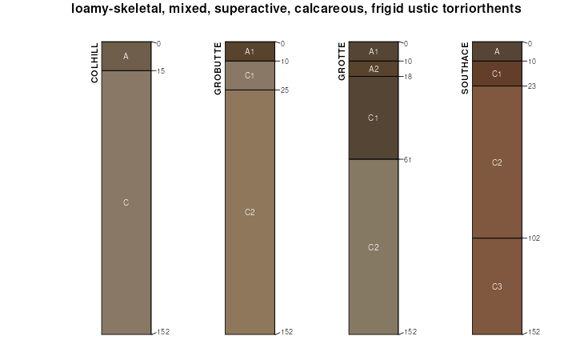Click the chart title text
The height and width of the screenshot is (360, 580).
296,9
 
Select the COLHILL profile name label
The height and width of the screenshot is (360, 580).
96,62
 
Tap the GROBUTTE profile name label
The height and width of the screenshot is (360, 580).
218,68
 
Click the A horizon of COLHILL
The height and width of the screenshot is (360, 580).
126,56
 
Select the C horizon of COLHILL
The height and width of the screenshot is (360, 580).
126,202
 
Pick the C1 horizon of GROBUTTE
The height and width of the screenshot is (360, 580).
250,76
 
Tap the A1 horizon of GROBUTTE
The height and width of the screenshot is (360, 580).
250,52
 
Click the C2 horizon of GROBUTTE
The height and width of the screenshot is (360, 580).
250,212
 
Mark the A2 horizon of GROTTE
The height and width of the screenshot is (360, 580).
374,69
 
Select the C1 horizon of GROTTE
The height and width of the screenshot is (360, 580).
374,118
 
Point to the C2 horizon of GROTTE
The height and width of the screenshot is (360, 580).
374,246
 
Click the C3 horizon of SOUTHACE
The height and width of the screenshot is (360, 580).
497,286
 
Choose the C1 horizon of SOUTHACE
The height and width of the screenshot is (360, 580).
497,74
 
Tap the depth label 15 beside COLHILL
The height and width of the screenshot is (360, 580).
161,71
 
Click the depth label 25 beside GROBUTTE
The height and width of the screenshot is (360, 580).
284,90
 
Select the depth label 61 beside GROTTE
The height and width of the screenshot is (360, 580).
408,160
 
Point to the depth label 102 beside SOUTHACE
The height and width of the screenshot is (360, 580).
534,238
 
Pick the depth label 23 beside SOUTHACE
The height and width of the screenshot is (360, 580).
531,86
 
